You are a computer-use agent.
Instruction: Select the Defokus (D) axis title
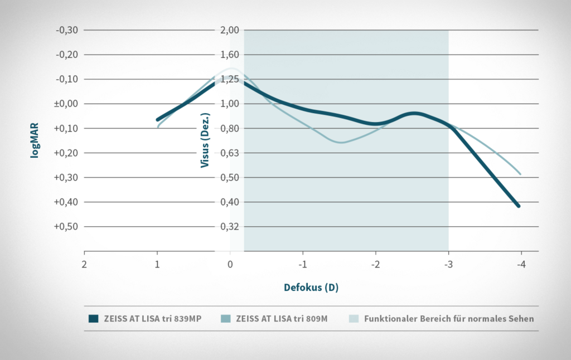tap(311, 288)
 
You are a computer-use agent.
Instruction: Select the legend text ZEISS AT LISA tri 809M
tap(283, 319)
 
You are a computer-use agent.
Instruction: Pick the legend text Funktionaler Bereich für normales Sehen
tap(449, 319)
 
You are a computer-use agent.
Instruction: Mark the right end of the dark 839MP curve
tap(519, 206)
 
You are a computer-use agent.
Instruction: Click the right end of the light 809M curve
tap(520, 173)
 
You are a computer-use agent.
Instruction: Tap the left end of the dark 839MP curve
tap(158, 119)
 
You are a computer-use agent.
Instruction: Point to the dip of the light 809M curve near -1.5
tap(341, 142)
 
